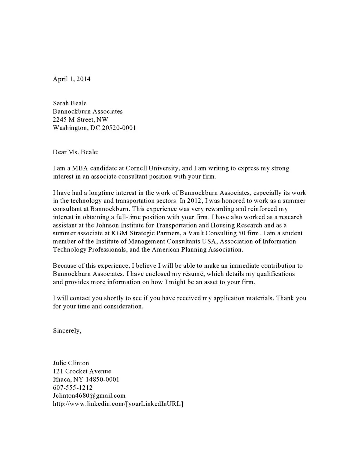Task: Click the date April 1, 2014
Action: click(72, 79)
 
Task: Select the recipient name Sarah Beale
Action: click(70, 103)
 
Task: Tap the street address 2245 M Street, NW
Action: click(80, 119)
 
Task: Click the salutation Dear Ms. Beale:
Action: click(76, 152)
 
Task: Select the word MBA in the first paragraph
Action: click(80, 168)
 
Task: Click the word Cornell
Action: click(136, 168)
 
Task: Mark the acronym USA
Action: click(209, 241)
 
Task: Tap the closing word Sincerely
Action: click(67, 331)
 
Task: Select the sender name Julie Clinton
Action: click(71, 363)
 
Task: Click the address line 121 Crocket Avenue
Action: click(82, 371)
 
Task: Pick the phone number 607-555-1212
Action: click(73, 387)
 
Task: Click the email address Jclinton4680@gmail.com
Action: click(89, 395)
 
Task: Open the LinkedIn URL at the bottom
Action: click(118, 404)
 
